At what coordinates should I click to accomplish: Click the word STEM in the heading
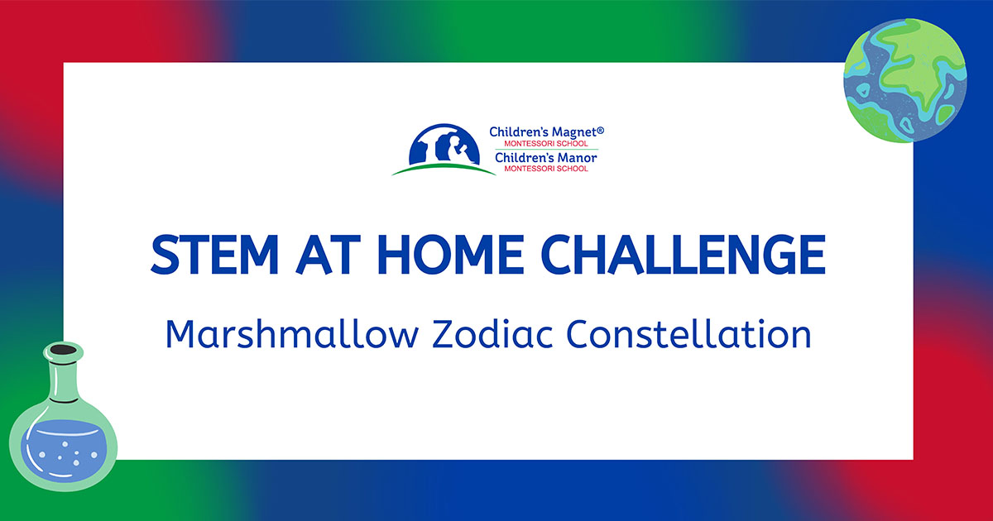pyautogui.click(x=214, y=255)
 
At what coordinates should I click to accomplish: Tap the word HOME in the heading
pyautogui.click(x=451, y=255)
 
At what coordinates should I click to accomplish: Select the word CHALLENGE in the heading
pyautogui.click(x=684, y=255)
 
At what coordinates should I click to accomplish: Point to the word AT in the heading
pyautogui.click(x=328, y=255)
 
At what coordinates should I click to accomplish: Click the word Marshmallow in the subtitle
pyautogui.click(x=292, y=334)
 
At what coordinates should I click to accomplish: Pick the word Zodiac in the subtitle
pyautogui.click(x=492, y=334)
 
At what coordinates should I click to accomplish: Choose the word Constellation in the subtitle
pyautogui.click(x=688, y=334)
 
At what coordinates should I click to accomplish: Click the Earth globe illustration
pyautogui.click(x=904, y=81)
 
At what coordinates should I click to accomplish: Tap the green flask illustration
pyautogui.click(x=64, y=417)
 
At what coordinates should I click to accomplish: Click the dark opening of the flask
pyautogui.click(x=64, y=350)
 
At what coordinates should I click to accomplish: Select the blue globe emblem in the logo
pyautogui.click(x=444, y=144)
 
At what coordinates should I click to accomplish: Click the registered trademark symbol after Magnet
pyautogui.click(x=601, y=130)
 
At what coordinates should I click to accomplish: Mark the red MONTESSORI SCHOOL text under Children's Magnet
pyautogui.click(x=546, y=144)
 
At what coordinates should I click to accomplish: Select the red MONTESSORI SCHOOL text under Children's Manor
pyautogui.click(x=546, y=169)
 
